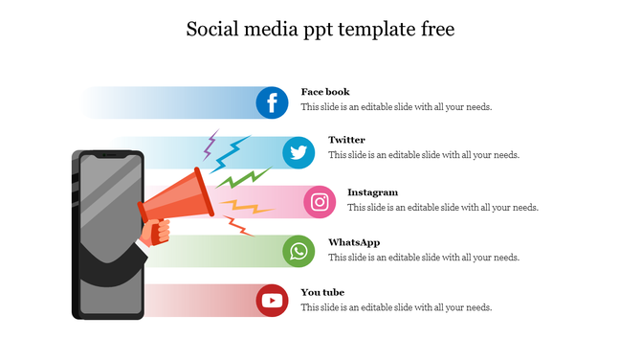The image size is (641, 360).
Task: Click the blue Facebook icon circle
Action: click(x=273, y=102)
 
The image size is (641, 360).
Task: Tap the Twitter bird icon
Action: click(x=299, y=152)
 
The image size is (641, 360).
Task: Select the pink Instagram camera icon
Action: click(x=320, y=202)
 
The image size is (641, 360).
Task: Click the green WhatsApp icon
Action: click(x=299, y=252)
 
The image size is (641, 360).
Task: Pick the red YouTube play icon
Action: click(x=273, y=301)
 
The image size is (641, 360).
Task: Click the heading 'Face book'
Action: click(x=325, y=92)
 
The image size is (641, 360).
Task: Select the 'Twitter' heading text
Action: click(x=346, y=140)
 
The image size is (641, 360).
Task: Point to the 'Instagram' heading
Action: click(x=372, y=192)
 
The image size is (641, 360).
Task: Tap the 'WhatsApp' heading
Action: click(x=354, y=242)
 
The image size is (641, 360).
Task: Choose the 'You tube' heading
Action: click(x=322, y=292)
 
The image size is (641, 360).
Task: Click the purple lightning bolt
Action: click(x=210, y=146)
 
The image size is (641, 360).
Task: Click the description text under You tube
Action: click(x=396, y=307)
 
